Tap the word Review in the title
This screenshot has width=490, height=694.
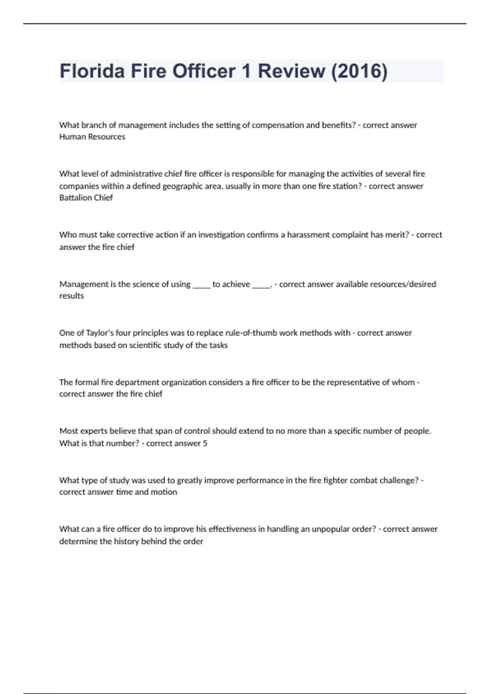point(291,71)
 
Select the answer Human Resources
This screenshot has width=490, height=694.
point(92,137)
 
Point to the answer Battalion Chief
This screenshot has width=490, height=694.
point(86,198)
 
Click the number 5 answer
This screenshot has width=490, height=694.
point(205,443)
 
